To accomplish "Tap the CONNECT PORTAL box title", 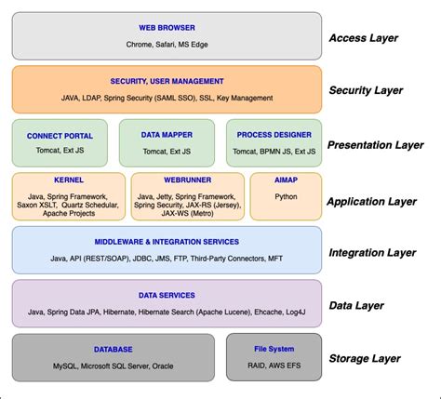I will tap(60, 135).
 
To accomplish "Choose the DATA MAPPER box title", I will tap(167, 135).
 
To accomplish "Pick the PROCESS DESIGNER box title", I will tap(274, 135).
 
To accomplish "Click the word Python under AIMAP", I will tap(286, 197).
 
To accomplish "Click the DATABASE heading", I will tap(114, 349).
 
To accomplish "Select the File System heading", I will tap(274, 349).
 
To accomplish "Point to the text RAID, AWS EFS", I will tap(274, 366).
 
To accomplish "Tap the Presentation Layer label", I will tap(376, 145).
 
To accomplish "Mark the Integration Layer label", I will tap(372, 252).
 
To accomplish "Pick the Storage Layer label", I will tap(365, 358).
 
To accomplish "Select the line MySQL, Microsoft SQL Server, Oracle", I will tap(114, 366).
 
